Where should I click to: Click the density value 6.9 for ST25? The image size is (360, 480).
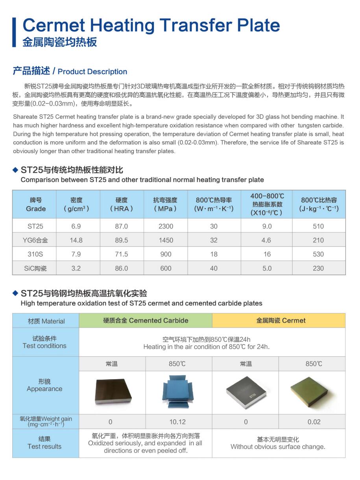[x=76, y=226]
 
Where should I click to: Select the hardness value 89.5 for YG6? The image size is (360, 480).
[x=121, y=240]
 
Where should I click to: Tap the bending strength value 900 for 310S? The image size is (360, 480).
[x=166, y=254]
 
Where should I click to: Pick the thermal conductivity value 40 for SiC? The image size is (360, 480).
[x=214, y=268]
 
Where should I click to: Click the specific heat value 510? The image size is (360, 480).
[x=318, y=226]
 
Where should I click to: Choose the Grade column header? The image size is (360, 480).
[x=36, y=204]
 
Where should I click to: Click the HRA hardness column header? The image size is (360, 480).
[x=121, y=204]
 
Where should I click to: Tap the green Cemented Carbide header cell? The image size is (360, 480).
[x=146, y=321]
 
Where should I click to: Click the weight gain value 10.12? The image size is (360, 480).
[x=177, y=422]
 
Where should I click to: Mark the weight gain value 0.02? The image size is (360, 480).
[x=314, y=422]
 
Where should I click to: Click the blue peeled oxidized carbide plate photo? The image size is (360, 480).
[x=178, y=392]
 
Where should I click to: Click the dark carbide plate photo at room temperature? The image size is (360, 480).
[x=112, y=392]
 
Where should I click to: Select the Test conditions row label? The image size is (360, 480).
[x=44, y=342]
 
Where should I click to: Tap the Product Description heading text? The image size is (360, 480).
[x=92, y=72]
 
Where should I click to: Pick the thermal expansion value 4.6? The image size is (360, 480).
[x=266, y=240]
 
